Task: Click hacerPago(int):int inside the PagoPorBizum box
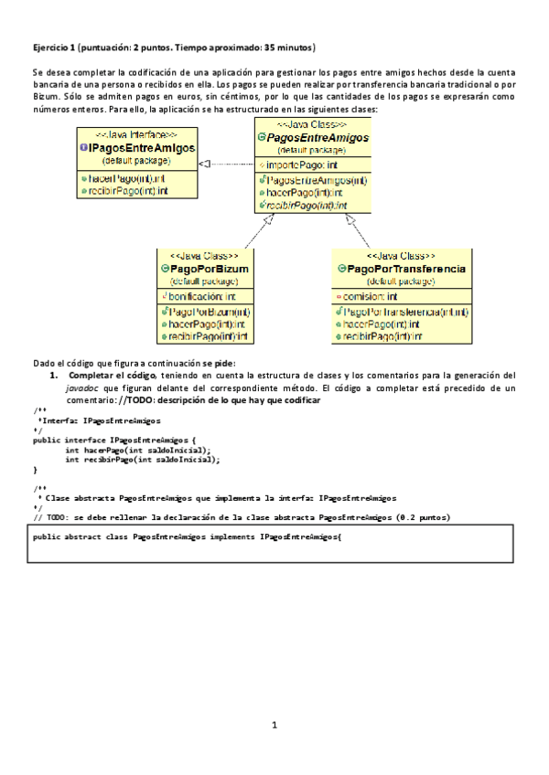click(206, 324)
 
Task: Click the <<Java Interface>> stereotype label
click(136, 133)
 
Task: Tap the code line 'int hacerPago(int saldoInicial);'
click(137, 450)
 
